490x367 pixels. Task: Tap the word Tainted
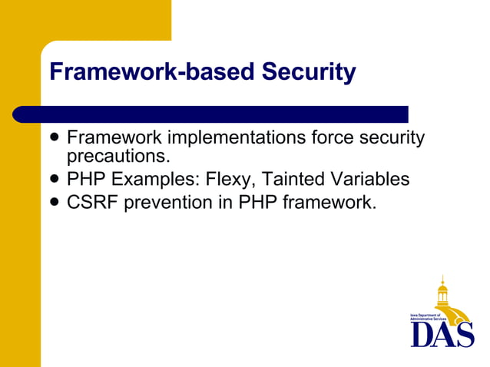click(x=293, y=180)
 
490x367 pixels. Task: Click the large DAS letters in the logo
click(x=442, y=334)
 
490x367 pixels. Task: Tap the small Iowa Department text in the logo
click(x=424, y=316)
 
